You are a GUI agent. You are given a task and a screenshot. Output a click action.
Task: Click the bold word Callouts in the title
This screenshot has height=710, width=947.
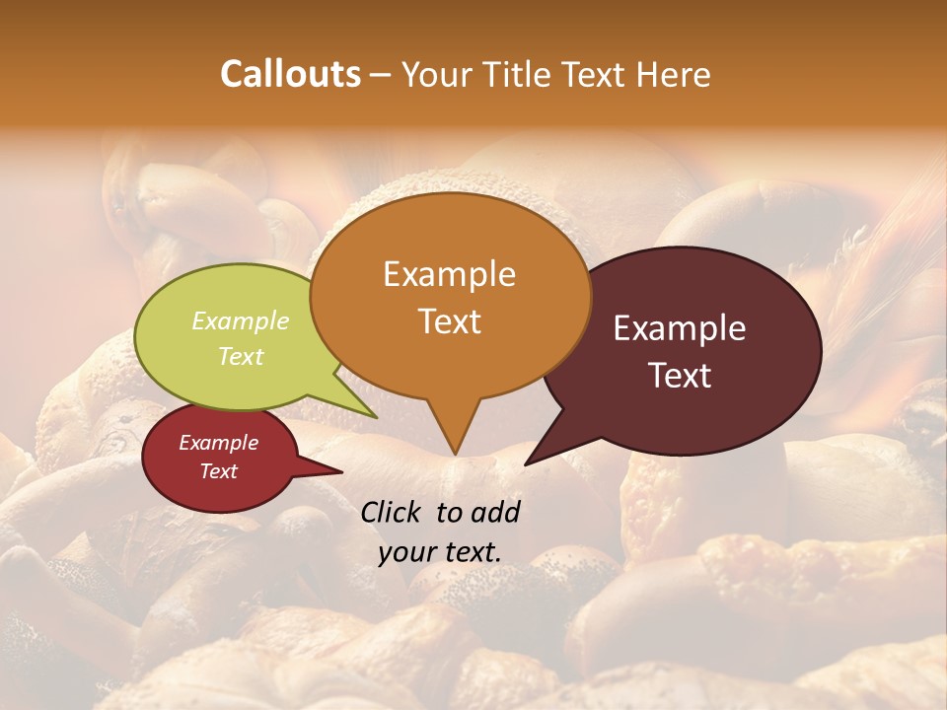(290, 74)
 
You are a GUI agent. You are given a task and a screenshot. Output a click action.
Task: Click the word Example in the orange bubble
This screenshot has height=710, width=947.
(449, 274)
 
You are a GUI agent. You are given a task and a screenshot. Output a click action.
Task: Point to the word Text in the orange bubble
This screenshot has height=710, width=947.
(450, 321)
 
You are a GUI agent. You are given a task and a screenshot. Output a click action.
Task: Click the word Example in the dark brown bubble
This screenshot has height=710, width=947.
(680, 328)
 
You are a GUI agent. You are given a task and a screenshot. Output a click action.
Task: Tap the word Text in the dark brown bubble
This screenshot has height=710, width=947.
(681, 376)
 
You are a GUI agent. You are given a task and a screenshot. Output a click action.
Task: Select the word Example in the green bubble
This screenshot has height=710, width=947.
(241, 320)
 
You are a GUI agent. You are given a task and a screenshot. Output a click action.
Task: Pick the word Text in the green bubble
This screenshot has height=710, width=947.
(241, 356)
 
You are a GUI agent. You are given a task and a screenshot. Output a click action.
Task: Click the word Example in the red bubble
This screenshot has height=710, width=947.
(218, 443)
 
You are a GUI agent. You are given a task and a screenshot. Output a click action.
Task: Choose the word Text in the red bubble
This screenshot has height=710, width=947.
(219, 471)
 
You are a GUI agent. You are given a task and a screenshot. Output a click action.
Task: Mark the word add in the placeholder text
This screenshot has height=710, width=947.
(495, 512)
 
